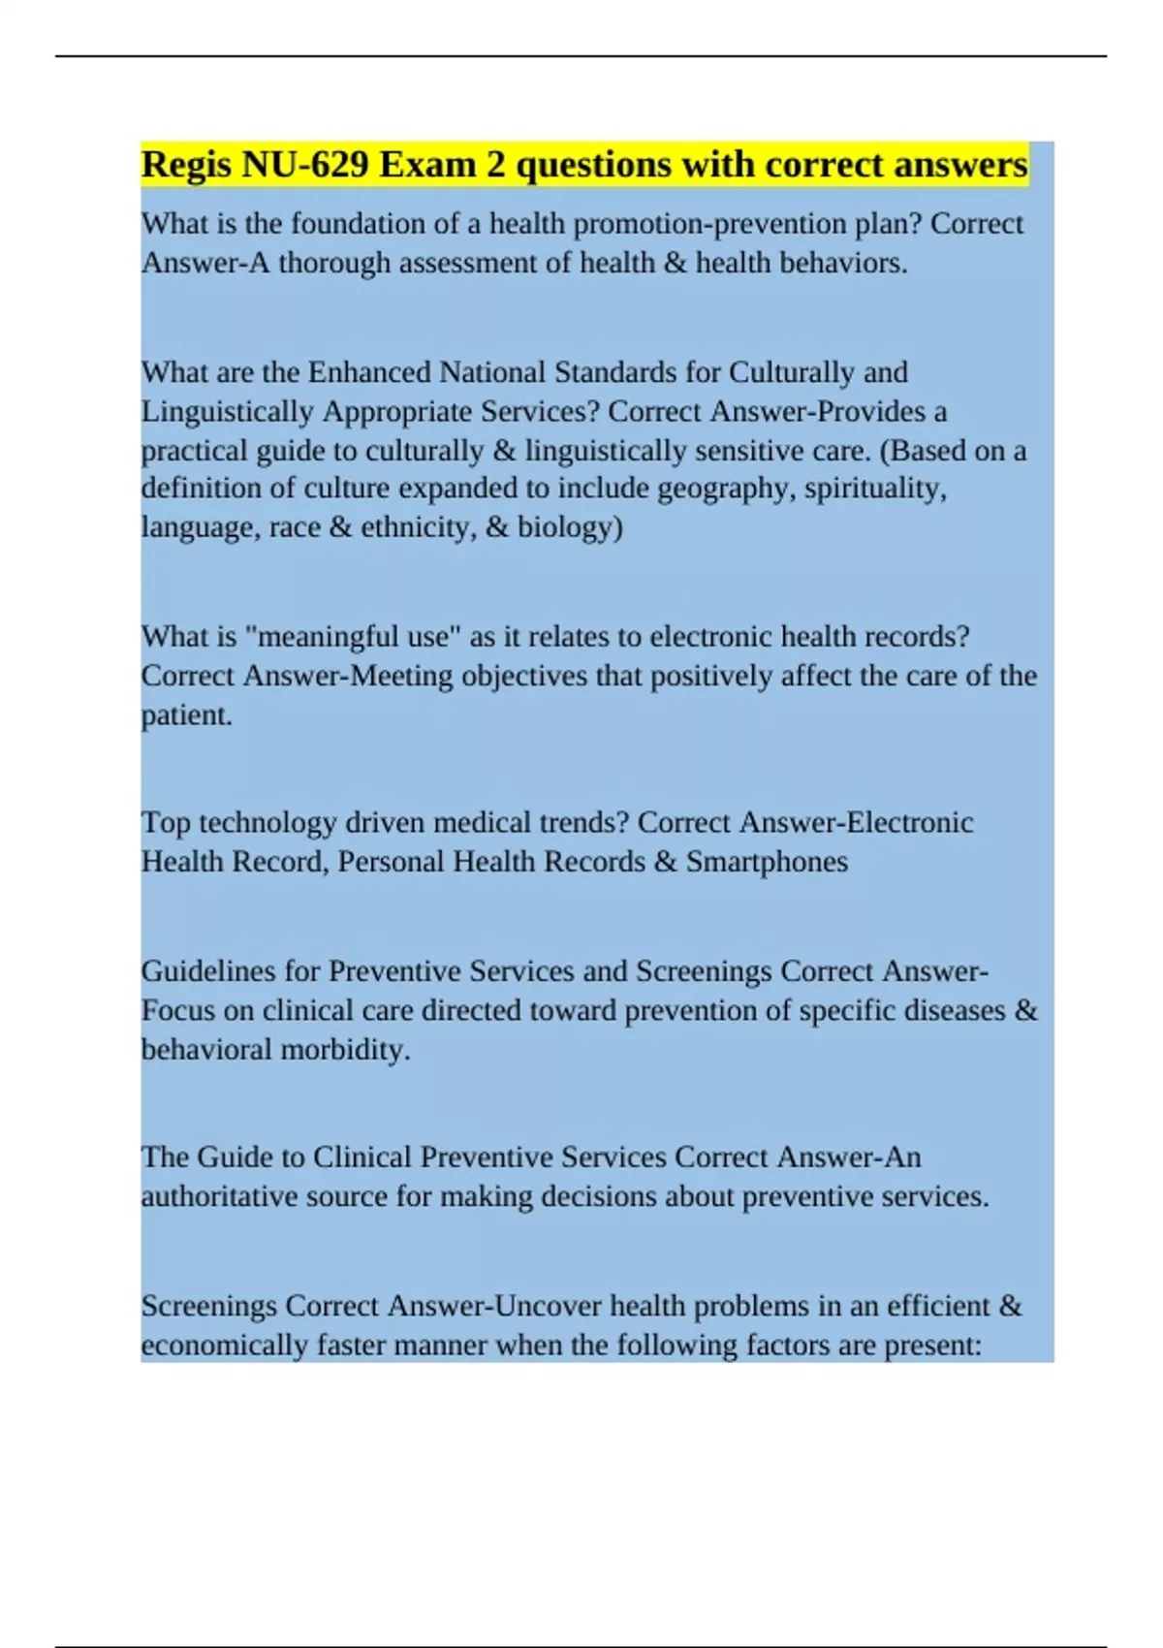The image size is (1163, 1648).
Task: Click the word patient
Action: (x=186, y=715)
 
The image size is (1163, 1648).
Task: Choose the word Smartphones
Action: (x=767, y=862)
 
